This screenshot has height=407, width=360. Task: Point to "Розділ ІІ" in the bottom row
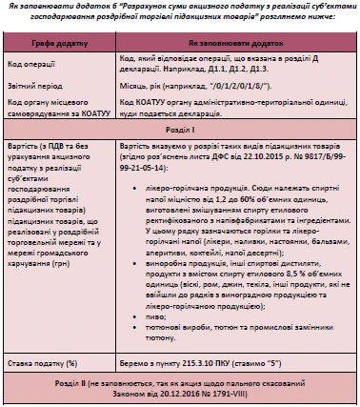click(94, 385)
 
